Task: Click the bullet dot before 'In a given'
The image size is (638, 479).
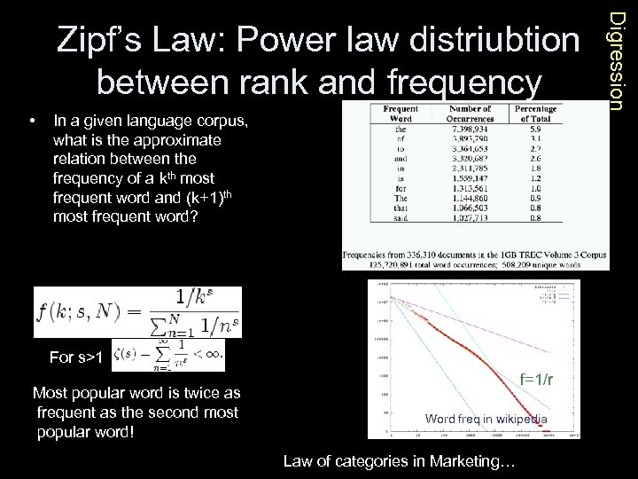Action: coord(32,120)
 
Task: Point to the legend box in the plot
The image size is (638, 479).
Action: coord(561,293)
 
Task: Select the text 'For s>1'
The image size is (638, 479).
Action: coord(76,357)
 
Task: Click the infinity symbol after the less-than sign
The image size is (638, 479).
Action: coord(214,354)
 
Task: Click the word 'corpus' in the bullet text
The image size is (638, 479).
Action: coord(222,120)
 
